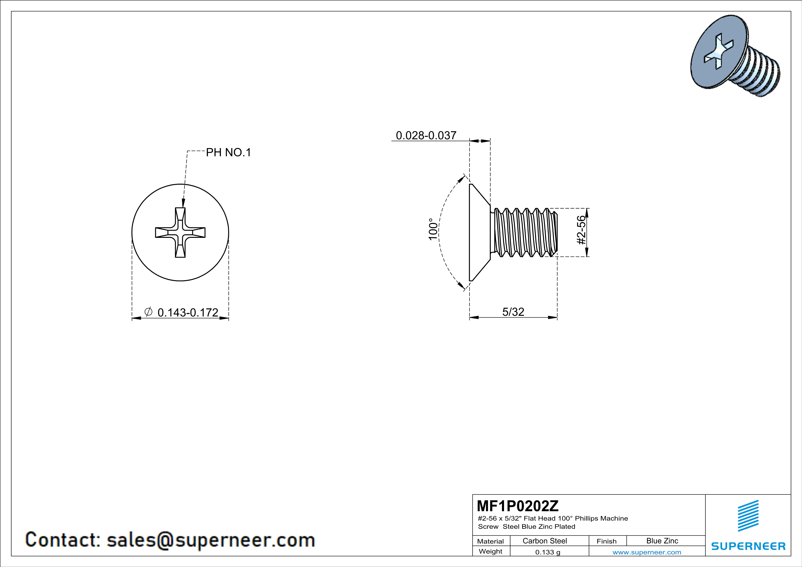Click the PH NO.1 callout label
pyautogui.click(x=228, y=152)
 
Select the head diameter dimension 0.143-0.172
pyautogui.click(x=188, y=313)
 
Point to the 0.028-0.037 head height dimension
pyautogui.click(x=426, y=136)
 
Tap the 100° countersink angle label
pyautogui.click(x=433, y=229)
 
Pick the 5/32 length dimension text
pyautogui.click(x=513, y=312)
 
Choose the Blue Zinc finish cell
pyautogui.click(x=662, y=541)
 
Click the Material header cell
pyautogui.click(x=491, y=541)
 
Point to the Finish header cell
pyautogui.click(x=607, y=541)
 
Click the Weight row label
pyautogui.click(x=491, y=551)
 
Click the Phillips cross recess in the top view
pyautogui.click(x=180, y=233)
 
